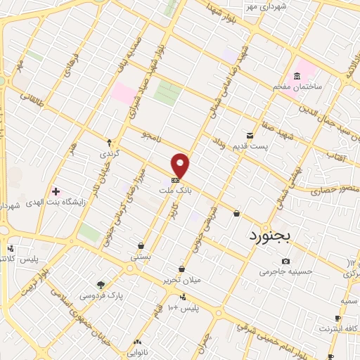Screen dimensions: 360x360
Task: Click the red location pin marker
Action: tap(181, 165)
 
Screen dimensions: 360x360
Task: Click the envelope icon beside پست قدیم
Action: tap(249, 135)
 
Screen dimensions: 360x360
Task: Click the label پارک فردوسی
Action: tap(105, 296)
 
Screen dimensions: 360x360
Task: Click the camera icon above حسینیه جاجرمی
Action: tap(285, 261)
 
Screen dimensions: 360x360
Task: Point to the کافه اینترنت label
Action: tap(338, 328)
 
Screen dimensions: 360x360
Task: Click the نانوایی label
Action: tap(137, 345)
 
